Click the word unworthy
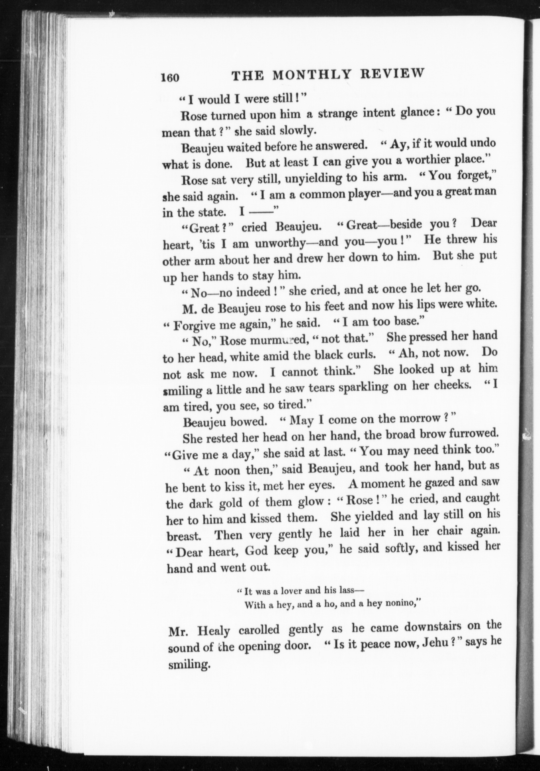point(279,244)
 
